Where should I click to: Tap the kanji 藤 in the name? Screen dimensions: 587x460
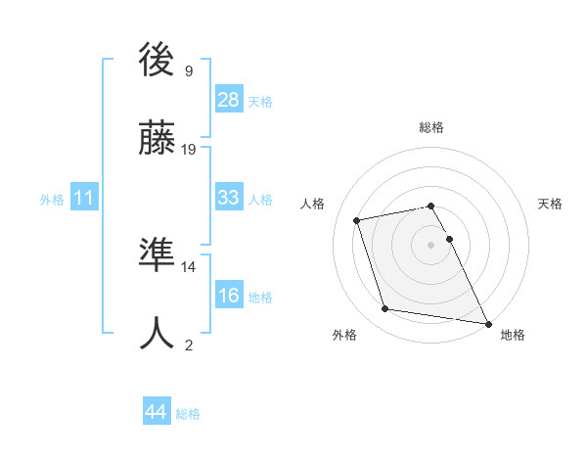tap(158, 139)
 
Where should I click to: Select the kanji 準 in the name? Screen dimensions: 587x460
tap(158, 256)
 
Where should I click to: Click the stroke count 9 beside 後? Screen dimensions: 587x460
tap(189, 70)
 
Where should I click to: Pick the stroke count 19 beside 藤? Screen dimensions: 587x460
tap(189, 149)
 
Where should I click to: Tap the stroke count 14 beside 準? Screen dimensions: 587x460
tap(189, 266)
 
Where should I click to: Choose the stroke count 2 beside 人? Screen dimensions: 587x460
tap(189, 345)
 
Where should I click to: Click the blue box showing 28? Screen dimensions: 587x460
tap(229, 100)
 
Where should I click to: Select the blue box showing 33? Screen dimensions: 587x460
tap(229, 198)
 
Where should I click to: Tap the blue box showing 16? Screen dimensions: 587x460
tap(229, 296)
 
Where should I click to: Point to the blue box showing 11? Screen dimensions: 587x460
tap(84, 198)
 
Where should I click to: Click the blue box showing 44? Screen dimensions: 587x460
tap(156, 412)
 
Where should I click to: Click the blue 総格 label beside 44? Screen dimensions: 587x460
tap(188, 414)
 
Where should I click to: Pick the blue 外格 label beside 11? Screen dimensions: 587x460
tap(52, 200)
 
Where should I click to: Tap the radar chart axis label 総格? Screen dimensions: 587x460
tap(431, 127)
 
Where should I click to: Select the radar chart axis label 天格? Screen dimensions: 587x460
tap(551, 204)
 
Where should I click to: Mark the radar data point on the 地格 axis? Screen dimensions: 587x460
tap(487, 323)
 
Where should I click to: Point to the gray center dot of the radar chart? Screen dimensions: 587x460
tap(430, 245)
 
